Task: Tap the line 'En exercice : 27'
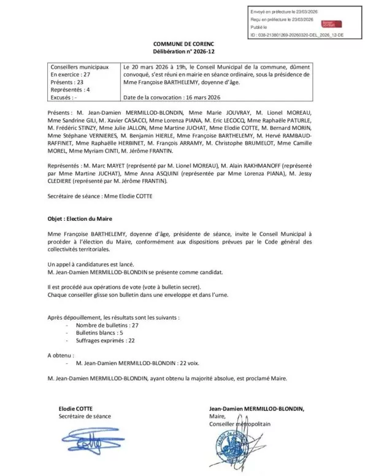coord(70,74)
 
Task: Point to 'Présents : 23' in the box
coord(66,81)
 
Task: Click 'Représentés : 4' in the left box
coord(70,89)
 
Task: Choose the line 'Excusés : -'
coord(63,97)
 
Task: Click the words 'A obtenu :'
coord(61,355)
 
